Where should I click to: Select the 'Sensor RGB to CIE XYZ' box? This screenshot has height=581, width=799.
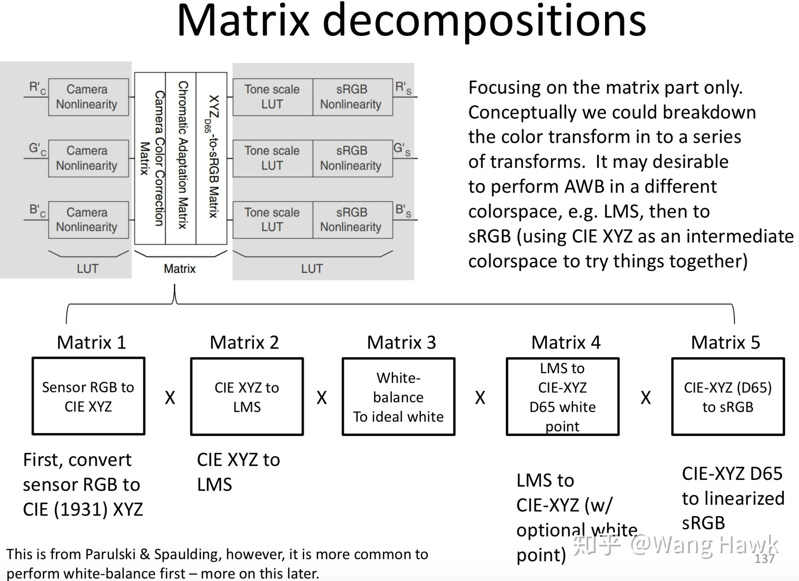(88, 396)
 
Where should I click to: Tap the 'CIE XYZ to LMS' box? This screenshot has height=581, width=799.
(247, 397)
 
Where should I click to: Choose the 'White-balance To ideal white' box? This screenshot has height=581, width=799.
(398, 397)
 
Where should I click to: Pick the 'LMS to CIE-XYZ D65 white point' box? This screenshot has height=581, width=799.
(563, 397)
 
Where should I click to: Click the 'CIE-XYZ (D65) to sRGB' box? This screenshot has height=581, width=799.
(728, 397)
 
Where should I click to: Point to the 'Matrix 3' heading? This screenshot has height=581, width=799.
(401, 342)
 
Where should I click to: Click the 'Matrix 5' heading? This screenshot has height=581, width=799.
(725, 342)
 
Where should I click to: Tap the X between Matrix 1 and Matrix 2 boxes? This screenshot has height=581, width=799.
(170, 398)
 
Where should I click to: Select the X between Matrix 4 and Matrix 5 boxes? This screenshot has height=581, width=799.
(646, 398)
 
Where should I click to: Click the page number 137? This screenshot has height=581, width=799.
(764, 559)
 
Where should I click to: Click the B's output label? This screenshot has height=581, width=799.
(403, 210)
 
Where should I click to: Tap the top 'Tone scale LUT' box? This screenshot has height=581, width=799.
(272, 97)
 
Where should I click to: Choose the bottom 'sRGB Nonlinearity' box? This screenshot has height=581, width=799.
(352, 220)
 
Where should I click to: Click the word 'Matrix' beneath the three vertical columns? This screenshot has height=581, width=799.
(180, 269)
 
